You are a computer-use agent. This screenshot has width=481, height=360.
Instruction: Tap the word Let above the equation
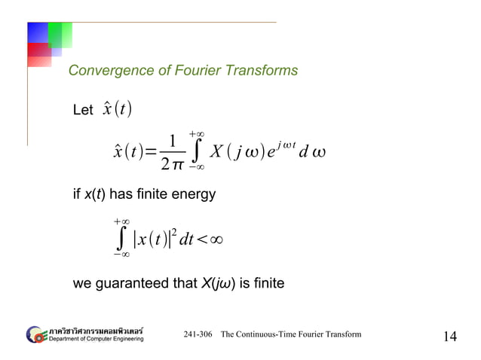(x=82, y=111)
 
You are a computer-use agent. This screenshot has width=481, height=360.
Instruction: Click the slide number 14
(x=449, y=336)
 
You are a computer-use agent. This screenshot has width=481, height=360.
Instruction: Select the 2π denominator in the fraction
(x=173, y=160)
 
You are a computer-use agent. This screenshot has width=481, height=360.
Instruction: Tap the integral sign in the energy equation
(x=120, y=239)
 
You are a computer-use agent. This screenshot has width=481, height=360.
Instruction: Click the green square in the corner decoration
(x=60, y=33)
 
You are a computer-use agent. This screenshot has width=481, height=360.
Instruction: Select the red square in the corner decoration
(x=39, y=55)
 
